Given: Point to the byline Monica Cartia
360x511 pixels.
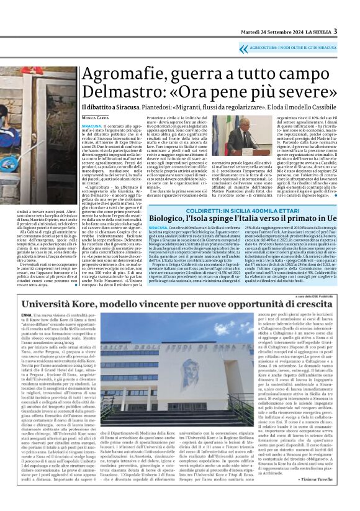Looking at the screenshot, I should tap(96, 117).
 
